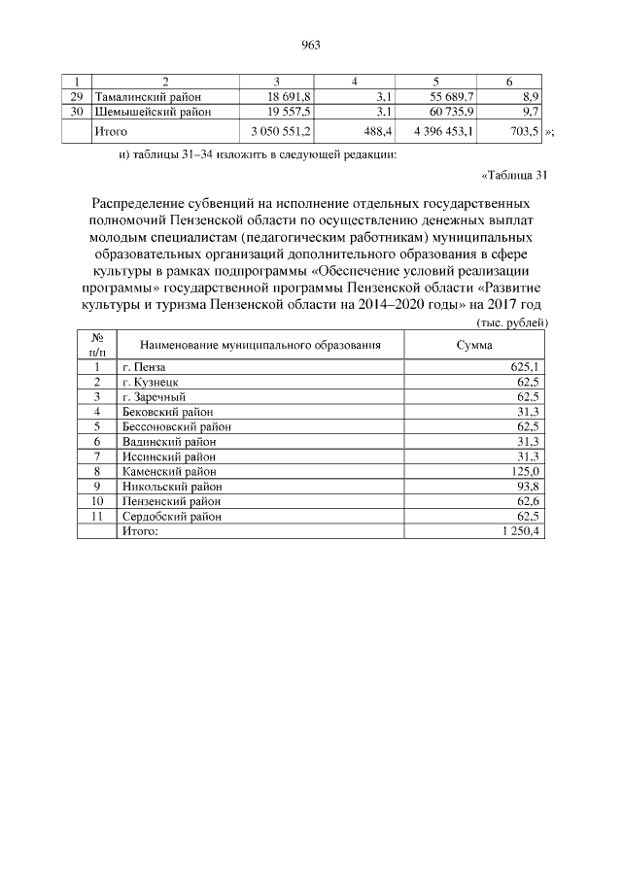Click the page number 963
pos(311,45)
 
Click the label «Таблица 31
pos(515,176)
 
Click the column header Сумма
pos(474,345)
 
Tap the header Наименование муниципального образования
pos(259,345)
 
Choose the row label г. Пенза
pos(144,367)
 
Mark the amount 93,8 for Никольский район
pos(526,487)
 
